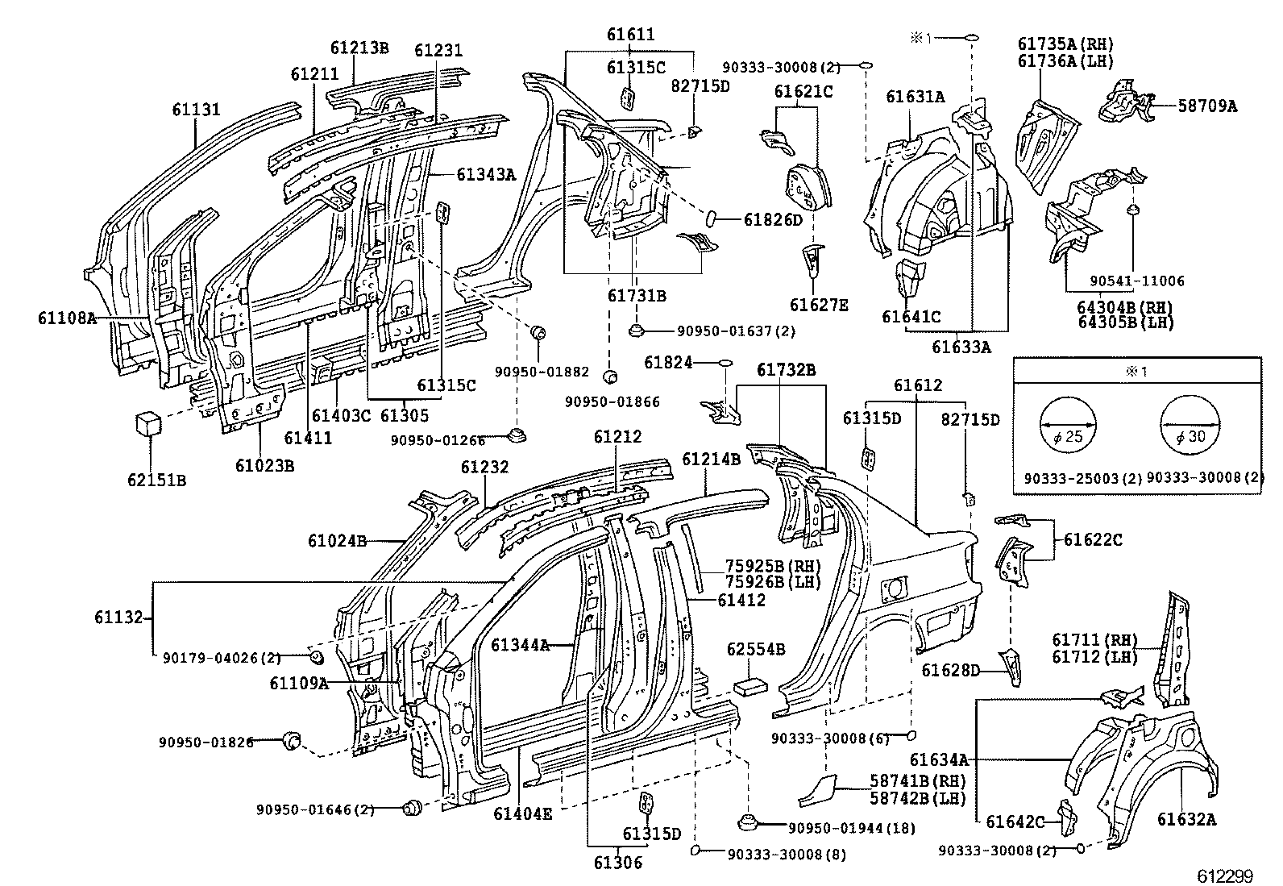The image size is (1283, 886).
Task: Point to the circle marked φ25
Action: [x=1068, y=426]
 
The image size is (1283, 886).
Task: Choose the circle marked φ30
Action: [x=1189, y=426]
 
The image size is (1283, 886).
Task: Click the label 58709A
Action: [x=1207, y=105]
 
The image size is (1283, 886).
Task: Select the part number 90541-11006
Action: [x=1137, y=281]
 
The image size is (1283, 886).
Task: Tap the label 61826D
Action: [x=773, y=219]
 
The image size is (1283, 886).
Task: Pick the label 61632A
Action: [x=1186, y=820]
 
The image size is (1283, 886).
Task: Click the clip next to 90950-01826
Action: [x=291, y=739]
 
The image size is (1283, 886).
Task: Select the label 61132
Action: [x=118, y=618]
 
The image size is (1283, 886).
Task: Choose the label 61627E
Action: [x=819, y=305]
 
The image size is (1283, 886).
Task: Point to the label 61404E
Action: [x=523, y=813]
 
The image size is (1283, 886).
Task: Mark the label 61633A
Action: [x=961, y=347]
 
